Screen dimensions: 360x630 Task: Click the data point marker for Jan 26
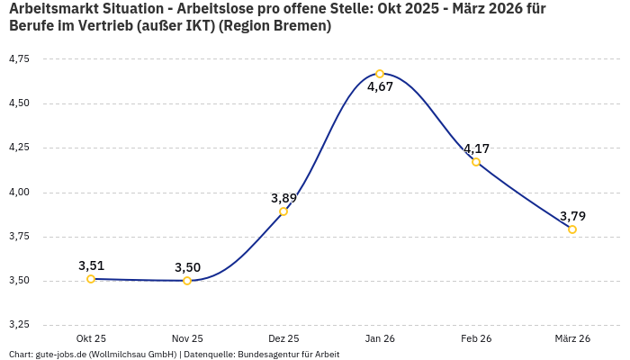point(380,74)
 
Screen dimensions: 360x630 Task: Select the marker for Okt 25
point(91,279)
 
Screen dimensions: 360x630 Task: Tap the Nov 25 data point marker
point(187,281)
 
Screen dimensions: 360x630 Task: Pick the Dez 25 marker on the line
point(283,211)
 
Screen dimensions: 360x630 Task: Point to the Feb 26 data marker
point(476,162)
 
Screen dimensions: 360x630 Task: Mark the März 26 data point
point(572,229)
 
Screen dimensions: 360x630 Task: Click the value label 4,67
point(380,87)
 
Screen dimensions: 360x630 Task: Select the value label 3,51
point(91,265)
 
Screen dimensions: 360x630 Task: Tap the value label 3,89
point(283,198)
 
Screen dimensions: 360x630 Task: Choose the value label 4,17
point(476,148)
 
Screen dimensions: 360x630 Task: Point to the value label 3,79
point(572,216)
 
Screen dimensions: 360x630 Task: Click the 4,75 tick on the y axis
point(18,58)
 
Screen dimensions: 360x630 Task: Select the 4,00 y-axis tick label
point(18,192)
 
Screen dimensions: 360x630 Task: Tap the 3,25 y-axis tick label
point(18,324)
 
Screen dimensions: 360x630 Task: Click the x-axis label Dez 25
point(283,338)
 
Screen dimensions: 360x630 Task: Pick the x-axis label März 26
point(572,338)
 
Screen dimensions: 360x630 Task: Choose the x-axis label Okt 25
point(91,338)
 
